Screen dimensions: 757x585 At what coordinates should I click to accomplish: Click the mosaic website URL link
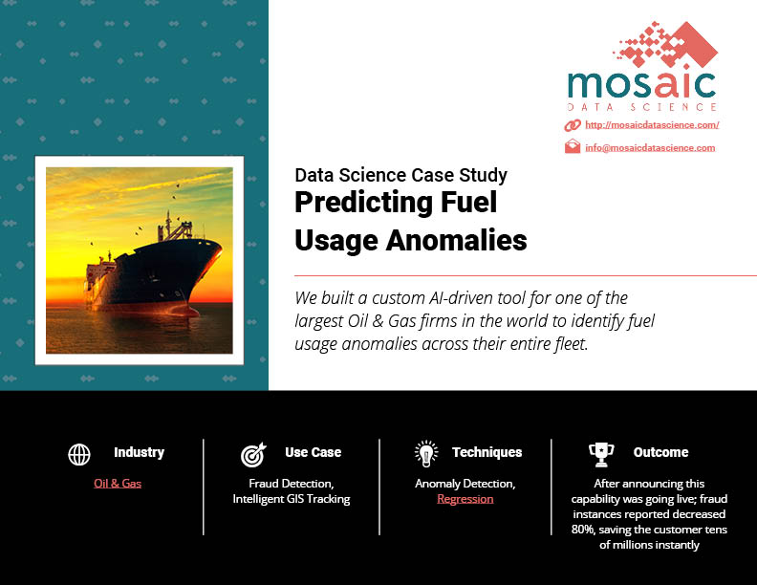(652, 125)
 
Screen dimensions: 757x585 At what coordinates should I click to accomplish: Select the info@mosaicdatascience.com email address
(650, 148)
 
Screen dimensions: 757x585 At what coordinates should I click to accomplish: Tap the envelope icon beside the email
(573, 145)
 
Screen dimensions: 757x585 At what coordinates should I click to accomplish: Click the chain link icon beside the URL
(573, 125)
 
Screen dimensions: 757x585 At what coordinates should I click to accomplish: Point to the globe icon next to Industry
(79, 454)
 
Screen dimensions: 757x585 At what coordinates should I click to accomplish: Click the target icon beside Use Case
(253, 455)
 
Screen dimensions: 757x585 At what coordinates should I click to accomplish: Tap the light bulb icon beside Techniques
(426, 454)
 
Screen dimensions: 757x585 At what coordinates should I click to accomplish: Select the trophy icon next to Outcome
(601, 455)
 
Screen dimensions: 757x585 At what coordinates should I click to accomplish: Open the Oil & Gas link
(118, 483)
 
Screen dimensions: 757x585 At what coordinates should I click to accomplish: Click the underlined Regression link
(465, 499)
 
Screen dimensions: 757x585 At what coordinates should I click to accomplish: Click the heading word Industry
(139, 452)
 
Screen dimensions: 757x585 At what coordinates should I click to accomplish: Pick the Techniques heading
(487, 452)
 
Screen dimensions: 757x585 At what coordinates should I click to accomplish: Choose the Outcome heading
(660, 452)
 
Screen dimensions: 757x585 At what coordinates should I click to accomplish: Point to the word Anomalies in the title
(456, 240)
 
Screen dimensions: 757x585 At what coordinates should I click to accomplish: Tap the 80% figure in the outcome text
(583, 530)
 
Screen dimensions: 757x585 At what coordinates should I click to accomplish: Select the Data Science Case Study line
(401, 175)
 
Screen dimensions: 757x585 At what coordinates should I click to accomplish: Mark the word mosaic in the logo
(642, 85)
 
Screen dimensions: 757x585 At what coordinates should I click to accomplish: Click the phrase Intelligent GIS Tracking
(292, 499)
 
